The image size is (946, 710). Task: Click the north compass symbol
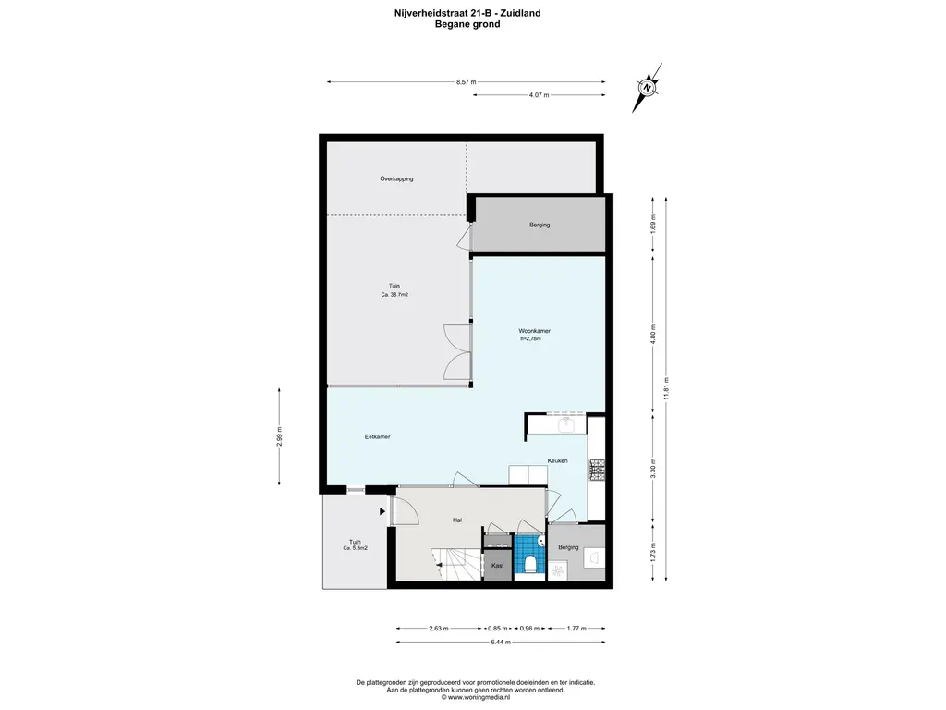click(647, 88)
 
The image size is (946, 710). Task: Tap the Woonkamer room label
click(535, 331)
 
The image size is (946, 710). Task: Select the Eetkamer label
click(377, 436)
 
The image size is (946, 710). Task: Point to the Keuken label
click(557, 460)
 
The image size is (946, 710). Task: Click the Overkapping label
click(396, 178)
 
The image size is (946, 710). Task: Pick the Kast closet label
click(498, 566)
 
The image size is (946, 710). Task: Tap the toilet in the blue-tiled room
click(530, 564)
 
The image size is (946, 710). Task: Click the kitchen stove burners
click(597, 471)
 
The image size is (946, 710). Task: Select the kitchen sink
click(566, 425)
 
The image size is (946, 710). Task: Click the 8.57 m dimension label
click(466, 82)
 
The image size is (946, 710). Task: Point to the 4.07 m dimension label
click(539, 95)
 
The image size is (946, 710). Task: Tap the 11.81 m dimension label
click(666, 388)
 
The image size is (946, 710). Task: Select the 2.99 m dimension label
click(279, 436)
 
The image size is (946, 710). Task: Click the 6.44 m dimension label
click(501, 642)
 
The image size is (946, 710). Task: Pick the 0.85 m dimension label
click(498, 629)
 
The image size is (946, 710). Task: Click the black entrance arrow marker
click(382, 511)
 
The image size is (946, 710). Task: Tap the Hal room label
click(457, 520)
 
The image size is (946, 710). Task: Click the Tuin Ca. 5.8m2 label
click(356, 545)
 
